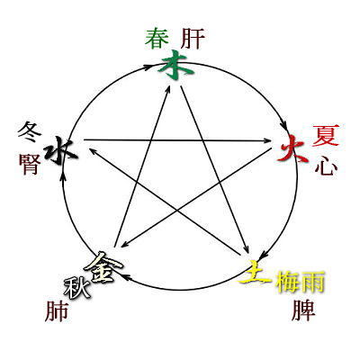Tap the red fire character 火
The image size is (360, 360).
[x=292, y=148]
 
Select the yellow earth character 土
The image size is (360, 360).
[x=255, y=272]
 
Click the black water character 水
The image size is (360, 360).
[x=61, y=150]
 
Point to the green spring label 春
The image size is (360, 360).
[x=157, y=38]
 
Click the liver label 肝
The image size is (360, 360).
[x=193, y=39]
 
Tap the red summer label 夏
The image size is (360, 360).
[x=326, y=136]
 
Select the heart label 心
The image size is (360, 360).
[x=326, y=166]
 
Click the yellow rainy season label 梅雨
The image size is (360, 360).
[x=301, y=282]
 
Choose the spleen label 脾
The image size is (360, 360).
[x=303, y=310]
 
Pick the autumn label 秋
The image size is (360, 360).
[x=77, y=287]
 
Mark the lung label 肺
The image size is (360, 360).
[x=57, y=310]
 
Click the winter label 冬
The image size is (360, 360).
[x=30, y=132]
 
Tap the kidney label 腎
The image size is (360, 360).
[x=30, y=164]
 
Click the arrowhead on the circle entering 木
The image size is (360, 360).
[x=147, y=67]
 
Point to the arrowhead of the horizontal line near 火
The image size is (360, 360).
[x=267, y=140]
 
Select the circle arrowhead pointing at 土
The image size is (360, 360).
[x=262, y=255]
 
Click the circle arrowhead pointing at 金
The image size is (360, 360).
[x=127, y=277]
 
